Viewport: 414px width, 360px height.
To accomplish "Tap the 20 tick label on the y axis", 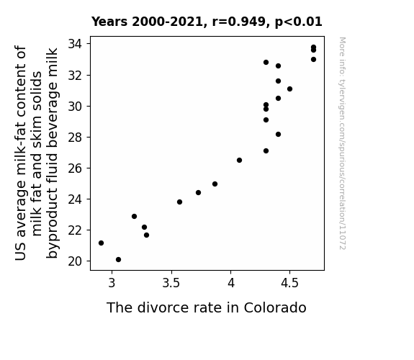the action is (x=76, y=261).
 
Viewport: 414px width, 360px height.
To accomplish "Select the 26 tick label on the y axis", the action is (x=76, y=168).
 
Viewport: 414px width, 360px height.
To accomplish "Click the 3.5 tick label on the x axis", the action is (x=171, y=283).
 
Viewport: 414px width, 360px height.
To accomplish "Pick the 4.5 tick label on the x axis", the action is (x=289, y=283).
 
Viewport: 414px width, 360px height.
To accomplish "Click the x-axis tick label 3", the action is (x=112, y=283).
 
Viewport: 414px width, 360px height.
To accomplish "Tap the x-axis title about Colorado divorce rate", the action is (x=207, y=307).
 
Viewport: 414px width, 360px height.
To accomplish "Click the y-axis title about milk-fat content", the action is (x=37, y=153).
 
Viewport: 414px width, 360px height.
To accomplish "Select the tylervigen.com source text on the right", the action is (x=342, y=143).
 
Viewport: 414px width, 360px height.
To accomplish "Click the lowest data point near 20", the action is (x=118, y=260).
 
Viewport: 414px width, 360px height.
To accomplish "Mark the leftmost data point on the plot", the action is (x=101, y=243).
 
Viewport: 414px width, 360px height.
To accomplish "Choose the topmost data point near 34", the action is (x=313, y=48).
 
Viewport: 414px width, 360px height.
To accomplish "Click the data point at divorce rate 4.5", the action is (x=289, y=89).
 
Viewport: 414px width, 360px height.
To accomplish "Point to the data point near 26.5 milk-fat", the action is (x=239, y=161).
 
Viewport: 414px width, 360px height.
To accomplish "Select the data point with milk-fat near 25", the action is (x=215, y=184).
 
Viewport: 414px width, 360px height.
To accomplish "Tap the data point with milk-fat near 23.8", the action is (x=179, y=202).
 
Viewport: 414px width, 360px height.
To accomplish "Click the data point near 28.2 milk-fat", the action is (x=278, y=135).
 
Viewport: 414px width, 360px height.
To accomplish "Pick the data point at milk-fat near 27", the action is (x=266, y=150).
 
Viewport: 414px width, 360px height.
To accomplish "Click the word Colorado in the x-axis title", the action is (x=275, y=307).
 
